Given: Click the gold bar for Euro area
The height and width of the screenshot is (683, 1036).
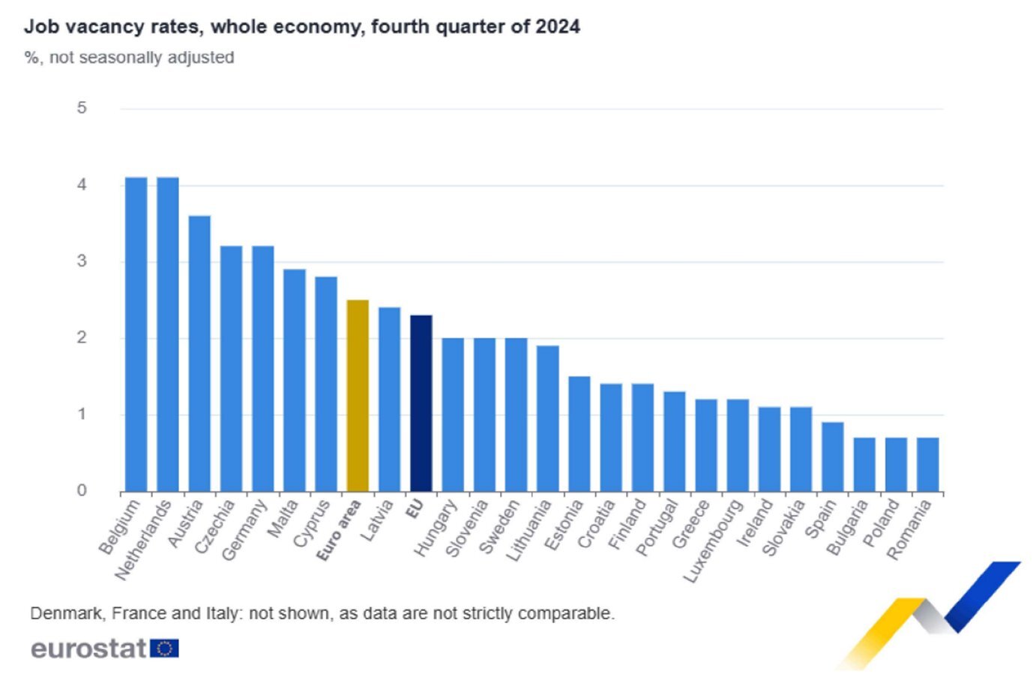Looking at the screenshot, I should pos(358,396).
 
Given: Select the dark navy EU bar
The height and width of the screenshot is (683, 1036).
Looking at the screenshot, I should pos(421,403).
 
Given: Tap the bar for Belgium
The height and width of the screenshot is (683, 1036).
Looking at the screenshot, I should pos(136,334).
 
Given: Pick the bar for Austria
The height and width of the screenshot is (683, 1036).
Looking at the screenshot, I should pos(199,354).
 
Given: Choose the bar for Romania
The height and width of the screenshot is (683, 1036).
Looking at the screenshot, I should pos(927,465).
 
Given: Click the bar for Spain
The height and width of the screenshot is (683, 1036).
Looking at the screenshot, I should pos(832,457).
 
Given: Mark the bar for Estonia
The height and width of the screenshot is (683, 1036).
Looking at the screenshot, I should pos(579,434).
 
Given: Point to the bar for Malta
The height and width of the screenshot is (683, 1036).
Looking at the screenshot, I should pos(295,380).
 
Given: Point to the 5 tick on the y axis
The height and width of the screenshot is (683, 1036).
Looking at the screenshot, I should pos(82,108).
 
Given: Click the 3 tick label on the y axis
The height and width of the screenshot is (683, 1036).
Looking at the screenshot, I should pos(82,261).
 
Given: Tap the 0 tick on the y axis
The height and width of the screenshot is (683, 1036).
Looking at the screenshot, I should pos(82,490).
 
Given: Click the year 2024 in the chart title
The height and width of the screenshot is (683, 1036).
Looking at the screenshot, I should pos(557,27).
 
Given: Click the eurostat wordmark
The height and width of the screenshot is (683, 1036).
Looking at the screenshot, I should pos(88,648).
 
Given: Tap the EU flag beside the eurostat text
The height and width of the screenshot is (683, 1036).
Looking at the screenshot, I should pos(164,648).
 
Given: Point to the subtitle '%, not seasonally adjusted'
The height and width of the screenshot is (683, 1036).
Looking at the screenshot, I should pos(129,58).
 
